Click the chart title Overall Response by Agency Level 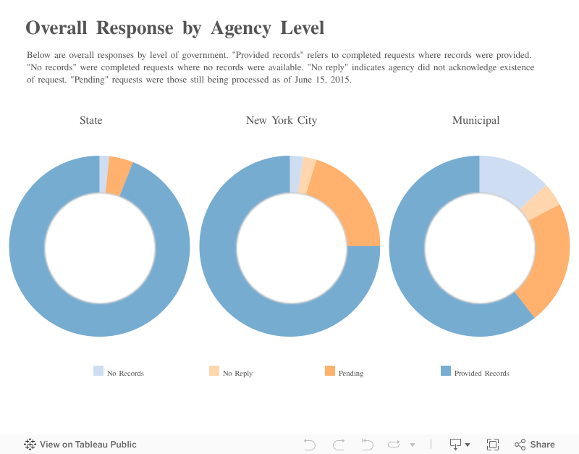[x=174, y=28]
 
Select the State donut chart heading [x=90, y=120]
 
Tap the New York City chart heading [x=281, y=120]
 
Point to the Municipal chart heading [x=476, y=120]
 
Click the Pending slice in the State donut [x=118, y=176]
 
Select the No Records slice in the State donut [x=104, y=174]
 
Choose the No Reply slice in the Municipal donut [x=541, y=203]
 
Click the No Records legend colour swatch [x=98, y=371]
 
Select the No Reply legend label [x=237, y=374]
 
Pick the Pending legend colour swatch [x=330, y=371]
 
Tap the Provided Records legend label [x=481, y=374]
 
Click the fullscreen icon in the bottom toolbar [x=493, y=445]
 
